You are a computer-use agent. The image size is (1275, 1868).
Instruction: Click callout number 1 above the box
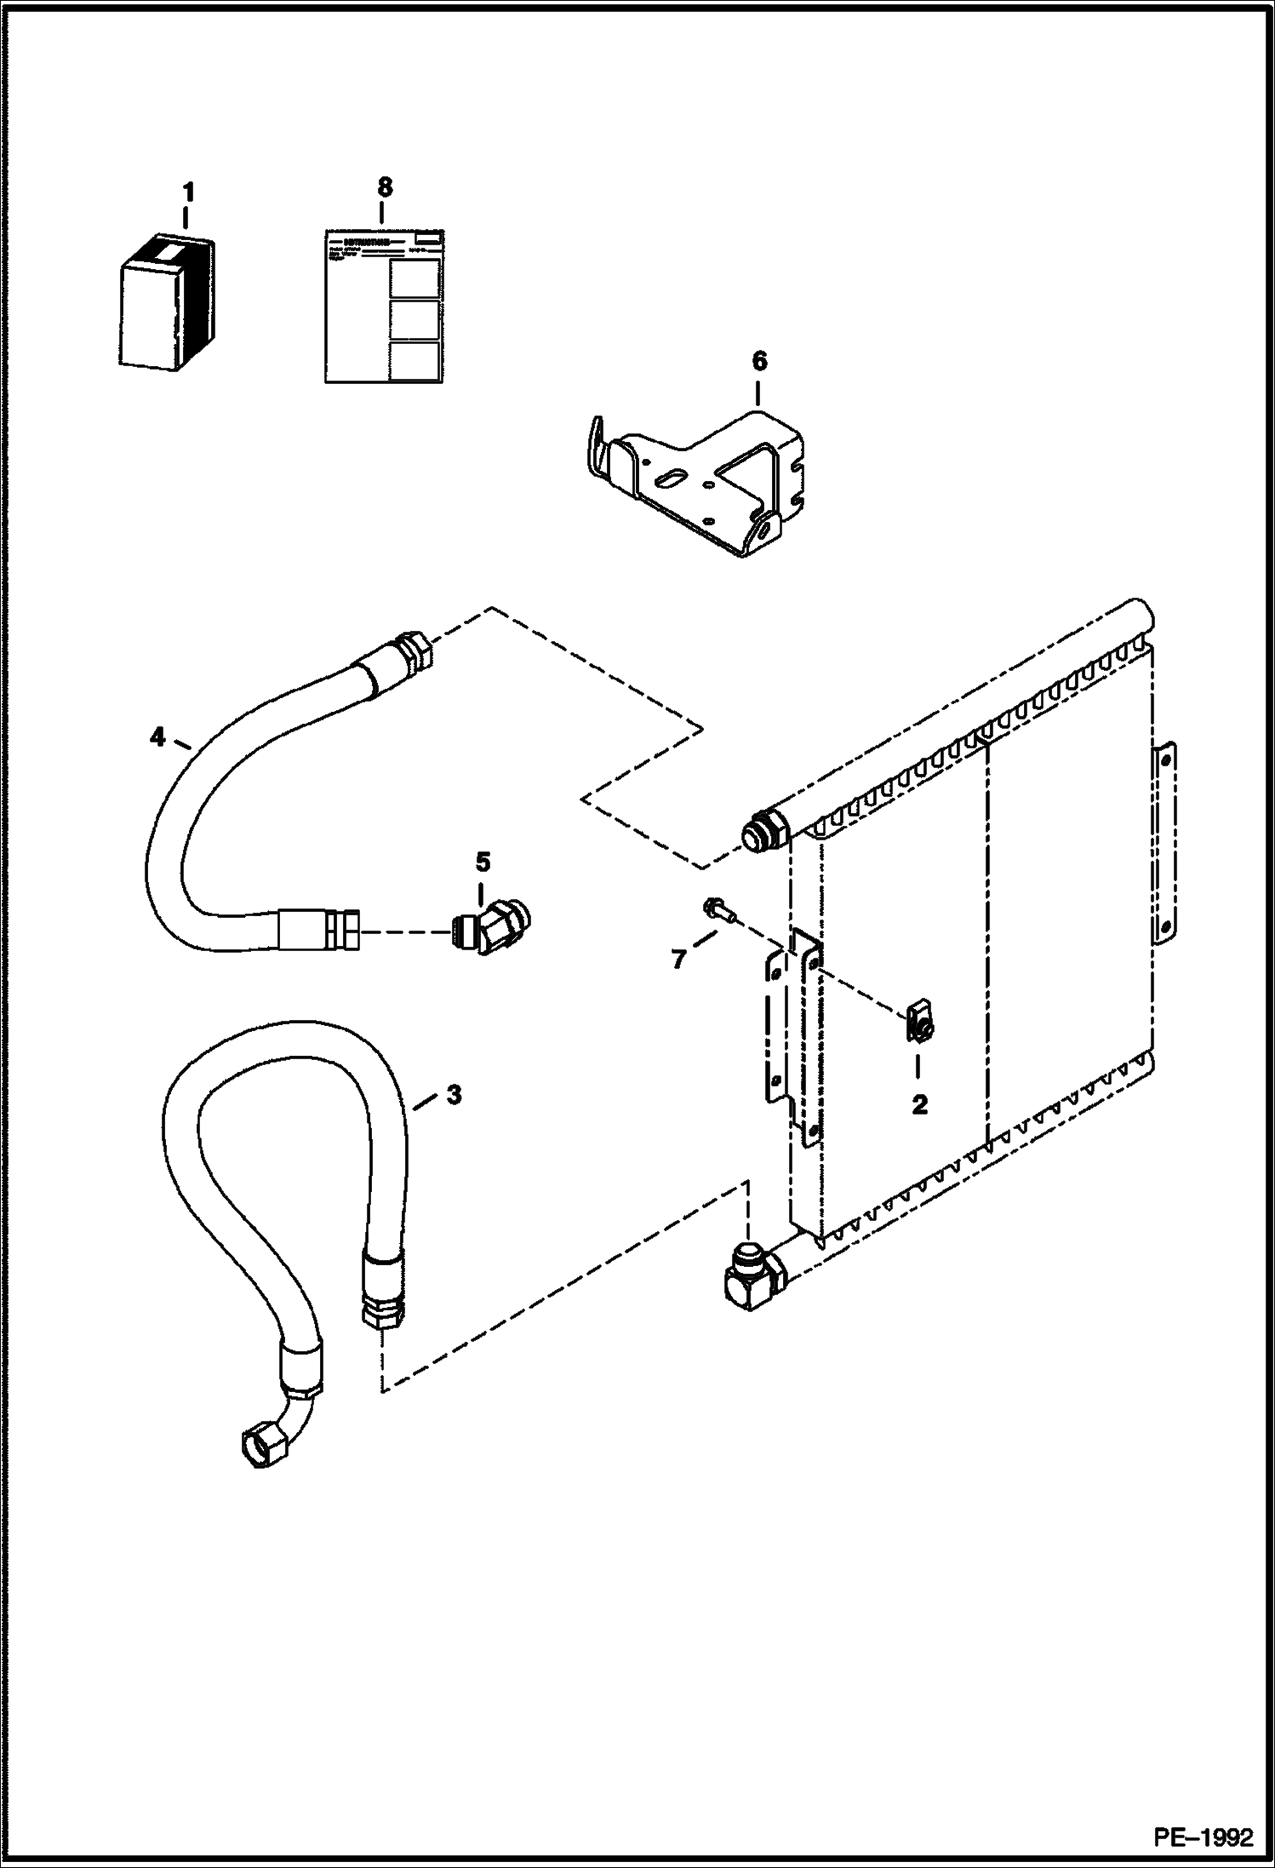[x=188, y=192]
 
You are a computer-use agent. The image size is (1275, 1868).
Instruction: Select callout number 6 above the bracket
[x=759, y=362]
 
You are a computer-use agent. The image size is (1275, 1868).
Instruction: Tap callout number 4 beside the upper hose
[x=157, y=737]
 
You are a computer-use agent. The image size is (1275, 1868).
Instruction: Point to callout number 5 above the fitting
[x=483, y=862]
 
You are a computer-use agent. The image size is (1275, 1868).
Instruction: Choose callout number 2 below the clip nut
[x=919, y=1105]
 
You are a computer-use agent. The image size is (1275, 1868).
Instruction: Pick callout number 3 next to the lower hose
[x=454, y=1095]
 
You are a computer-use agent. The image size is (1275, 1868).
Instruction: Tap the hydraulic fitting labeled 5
[x=493, y=925]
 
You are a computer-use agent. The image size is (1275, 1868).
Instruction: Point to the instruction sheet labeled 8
[x=385, y=306]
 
